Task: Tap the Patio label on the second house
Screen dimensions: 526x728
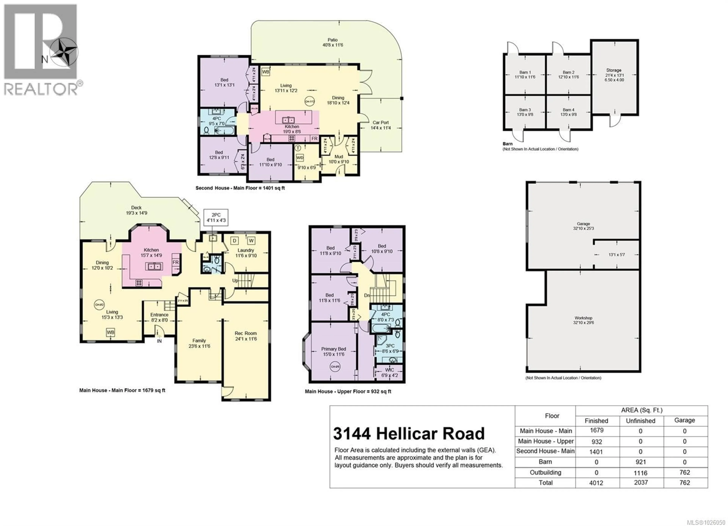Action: (x=333, y=42)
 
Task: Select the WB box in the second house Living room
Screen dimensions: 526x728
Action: (x=265, y=72)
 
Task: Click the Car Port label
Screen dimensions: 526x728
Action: (x=381, y=125)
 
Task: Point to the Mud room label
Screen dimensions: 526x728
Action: (x=339, y=159)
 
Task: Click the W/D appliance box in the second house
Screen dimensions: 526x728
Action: (x=300, y=158)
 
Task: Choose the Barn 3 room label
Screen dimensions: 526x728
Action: (x=525, y=112)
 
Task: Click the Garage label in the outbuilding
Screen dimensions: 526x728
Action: (x=583, y=226)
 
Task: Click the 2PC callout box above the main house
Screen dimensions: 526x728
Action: (x=216, y=217)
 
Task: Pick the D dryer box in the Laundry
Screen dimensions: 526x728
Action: (x=235, y=240)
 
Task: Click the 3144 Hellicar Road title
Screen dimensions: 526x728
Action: (x=409, y=434)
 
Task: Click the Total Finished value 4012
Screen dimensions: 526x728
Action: (x=596, y=483)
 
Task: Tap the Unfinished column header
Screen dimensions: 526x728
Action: (x=641, y=421)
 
